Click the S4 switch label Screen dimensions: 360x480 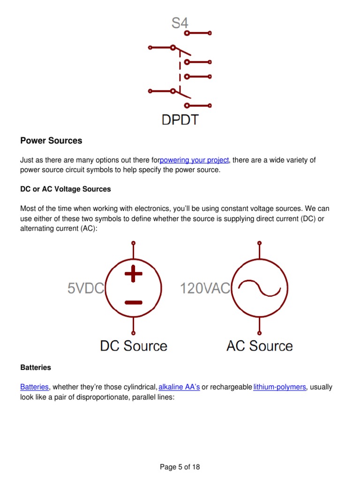180,23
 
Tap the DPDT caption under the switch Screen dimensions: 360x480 180,120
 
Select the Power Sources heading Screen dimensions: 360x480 51,141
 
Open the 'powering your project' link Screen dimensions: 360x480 194,160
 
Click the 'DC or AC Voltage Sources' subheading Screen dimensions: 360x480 66,189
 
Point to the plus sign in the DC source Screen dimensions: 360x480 134,274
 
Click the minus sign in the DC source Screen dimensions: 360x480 134,302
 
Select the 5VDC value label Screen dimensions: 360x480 85,288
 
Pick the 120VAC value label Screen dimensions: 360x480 205,288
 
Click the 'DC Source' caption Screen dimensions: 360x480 134,346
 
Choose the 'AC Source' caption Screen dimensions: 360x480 259,346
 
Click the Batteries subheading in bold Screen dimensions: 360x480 36,367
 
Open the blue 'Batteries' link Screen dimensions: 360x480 34,387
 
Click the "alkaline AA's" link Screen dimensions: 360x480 180,387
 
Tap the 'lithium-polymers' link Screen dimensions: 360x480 279,387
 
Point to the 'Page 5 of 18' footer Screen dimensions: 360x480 180,467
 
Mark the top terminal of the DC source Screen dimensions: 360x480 134,243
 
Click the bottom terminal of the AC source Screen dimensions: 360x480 259,333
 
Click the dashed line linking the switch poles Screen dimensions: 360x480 180,69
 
